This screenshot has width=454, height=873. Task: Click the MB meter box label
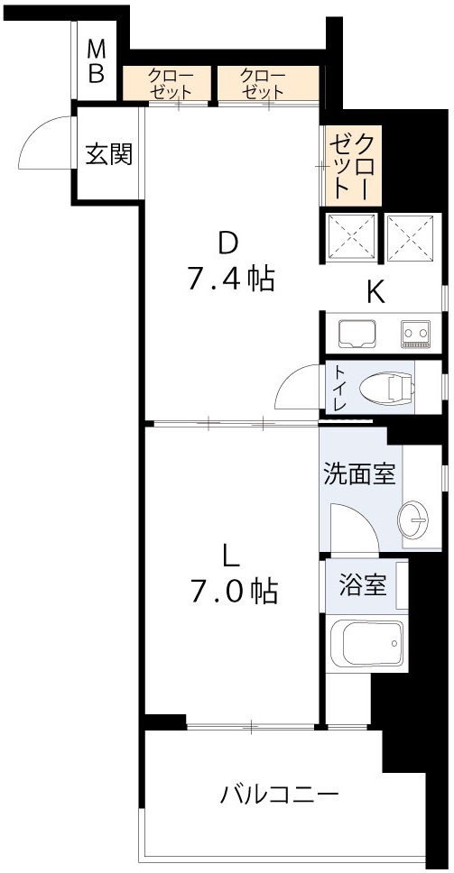pyautogui.click(x=97, y=61)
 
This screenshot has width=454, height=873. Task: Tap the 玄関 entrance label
pyautogui.click(x=109, y=154)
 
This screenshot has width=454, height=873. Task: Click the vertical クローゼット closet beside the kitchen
pyautogui.click(x=352, y=165)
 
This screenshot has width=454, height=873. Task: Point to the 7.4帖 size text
pyautogui.click(x=230, y=279)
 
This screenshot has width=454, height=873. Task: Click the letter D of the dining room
pyautogui.click(x=228, y=244)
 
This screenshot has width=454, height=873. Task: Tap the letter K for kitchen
pyautogui.click(x=375, y=291)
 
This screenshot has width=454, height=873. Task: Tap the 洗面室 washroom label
pyautogui.click(x=359, y=474)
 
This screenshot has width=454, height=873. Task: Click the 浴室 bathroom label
pyautogui.click(x=362, y=585)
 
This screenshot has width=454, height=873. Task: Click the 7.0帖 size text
pyautogui.click(x=233, y=591)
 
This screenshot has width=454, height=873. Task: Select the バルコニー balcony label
pyautogui.click(x=280, y=795)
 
